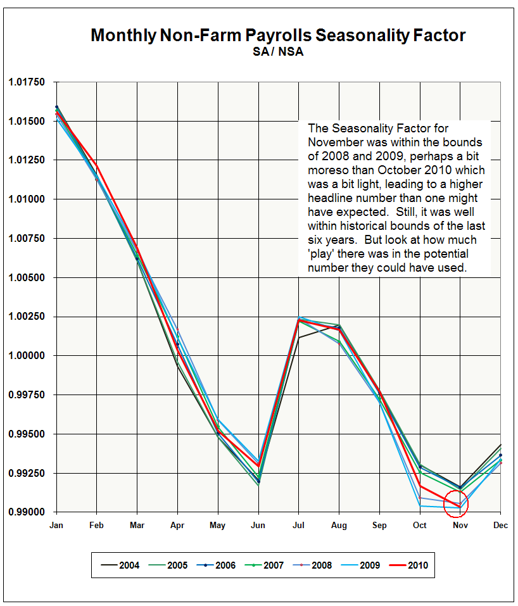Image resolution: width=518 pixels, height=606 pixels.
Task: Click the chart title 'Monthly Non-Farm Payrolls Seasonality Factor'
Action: click(x=278, y=35)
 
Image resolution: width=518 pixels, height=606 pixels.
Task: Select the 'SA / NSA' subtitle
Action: click(x=278, y=52)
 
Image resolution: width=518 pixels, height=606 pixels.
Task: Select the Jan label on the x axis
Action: click(x=56, y=526)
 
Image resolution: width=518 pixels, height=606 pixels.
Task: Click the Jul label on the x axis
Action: click(x=298, y=526)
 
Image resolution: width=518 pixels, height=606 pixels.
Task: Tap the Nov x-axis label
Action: click(x=460, y=526)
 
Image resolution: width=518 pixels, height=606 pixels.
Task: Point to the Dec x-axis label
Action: click(x=501, y=526)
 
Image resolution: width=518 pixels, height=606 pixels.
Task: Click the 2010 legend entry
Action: click(x=417, y=565)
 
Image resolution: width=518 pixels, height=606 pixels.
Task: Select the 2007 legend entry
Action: click(x=273, y=565)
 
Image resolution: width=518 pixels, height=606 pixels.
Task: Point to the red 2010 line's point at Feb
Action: click(x=96, y=164)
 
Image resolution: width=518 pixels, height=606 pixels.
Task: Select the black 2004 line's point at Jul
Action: click(x=299, y=338)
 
